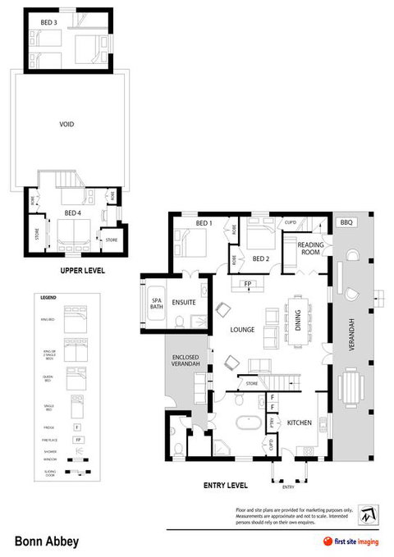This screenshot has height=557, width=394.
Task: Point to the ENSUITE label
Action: [x=184, y=303]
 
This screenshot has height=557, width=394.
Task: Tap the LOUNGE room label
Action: [x=242, y=330]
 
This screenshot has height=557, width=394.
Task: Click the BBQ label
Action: [x=346, y=222]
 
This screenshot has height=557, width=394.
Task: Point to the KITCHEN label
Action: [x=298, y=422]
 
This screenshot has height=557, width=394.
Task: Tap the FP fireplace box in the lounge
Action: [x=246, y=285]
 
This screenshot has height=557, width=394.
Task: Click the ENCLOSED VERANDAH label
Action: [x=187, y=362]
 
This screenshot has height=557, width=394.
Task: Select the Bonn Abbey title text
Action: [x=42, y=541]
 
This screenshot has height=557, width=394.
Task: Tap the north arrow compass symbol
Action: [x=367, y=516]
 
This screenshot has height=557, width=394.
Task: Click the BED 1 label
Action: [x=204, y=222]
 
